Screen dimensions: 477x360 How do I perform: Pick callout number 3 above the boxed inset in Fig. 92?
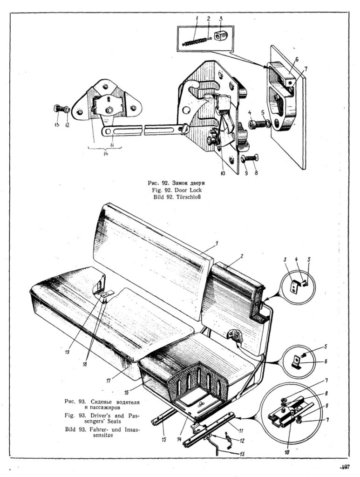pyautogui.click(x=221, y=19)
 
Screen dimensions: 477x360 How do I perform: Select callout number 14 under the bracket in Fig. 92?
pyautogui.click(x=106, y=156)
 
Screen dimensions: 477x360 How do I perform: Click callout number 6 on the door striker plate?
pyautogui.click(x=296, y=59)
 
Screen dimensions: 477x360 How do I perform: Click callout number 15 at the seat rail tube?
pyautogui.click(x=163, y=438)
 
